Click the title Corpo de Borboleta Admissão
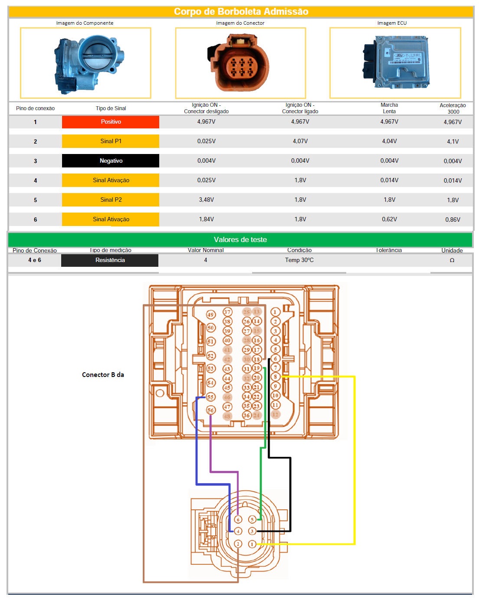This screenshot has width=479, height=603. tap(241, 12)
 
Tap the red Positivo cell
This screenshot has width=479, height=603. tap(111, 122)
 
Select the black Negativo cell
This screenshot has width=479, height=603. tap(111, 161)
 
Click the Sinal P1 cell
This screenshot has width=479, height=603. tap(111, 141)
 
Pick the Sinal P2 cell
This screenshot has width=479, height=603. tap(111, 200)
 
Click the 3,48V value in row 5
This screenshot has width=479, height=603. tap(207, 200)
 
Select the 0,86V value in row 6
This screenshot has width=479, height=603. tap(453, 220)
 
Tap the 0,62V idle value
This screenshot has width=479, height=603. tap(389, 220)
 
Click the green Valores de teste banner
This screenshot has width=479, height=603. tap(240, 240)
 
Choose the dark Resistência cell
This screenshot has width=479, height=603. tap(110, 260)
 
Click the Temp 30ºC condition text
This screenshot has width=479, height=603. tap(299, 260)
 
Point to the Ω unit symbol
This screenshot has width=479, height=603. tap(452, 260)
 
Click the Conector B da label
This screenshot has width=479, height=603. tap(103, 375)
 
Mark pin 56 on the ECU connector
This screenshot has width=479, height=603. tap(211, 410)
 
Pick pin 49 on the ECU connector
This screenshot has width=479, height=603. tap(211, 315)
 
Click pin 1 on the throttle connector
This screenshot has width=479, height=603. tap(252, 544)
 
